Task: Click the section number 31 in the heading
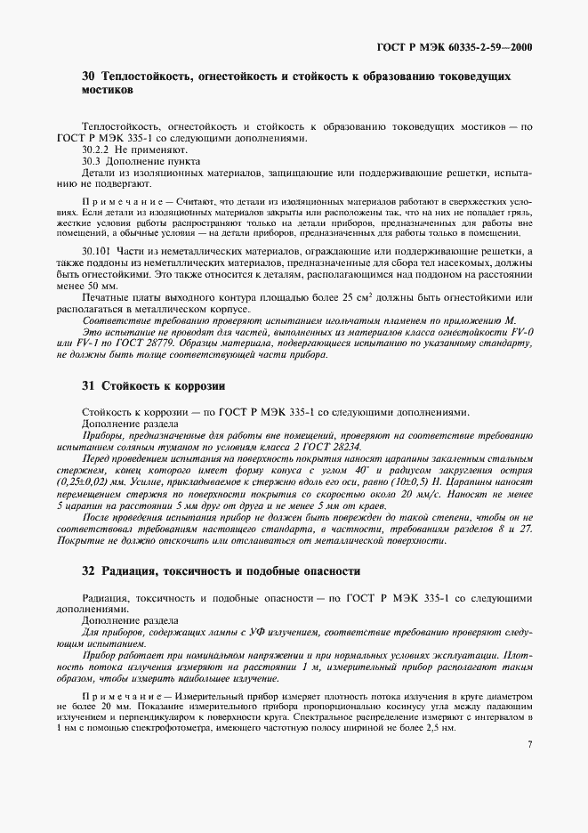click(x=88, y=386)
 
